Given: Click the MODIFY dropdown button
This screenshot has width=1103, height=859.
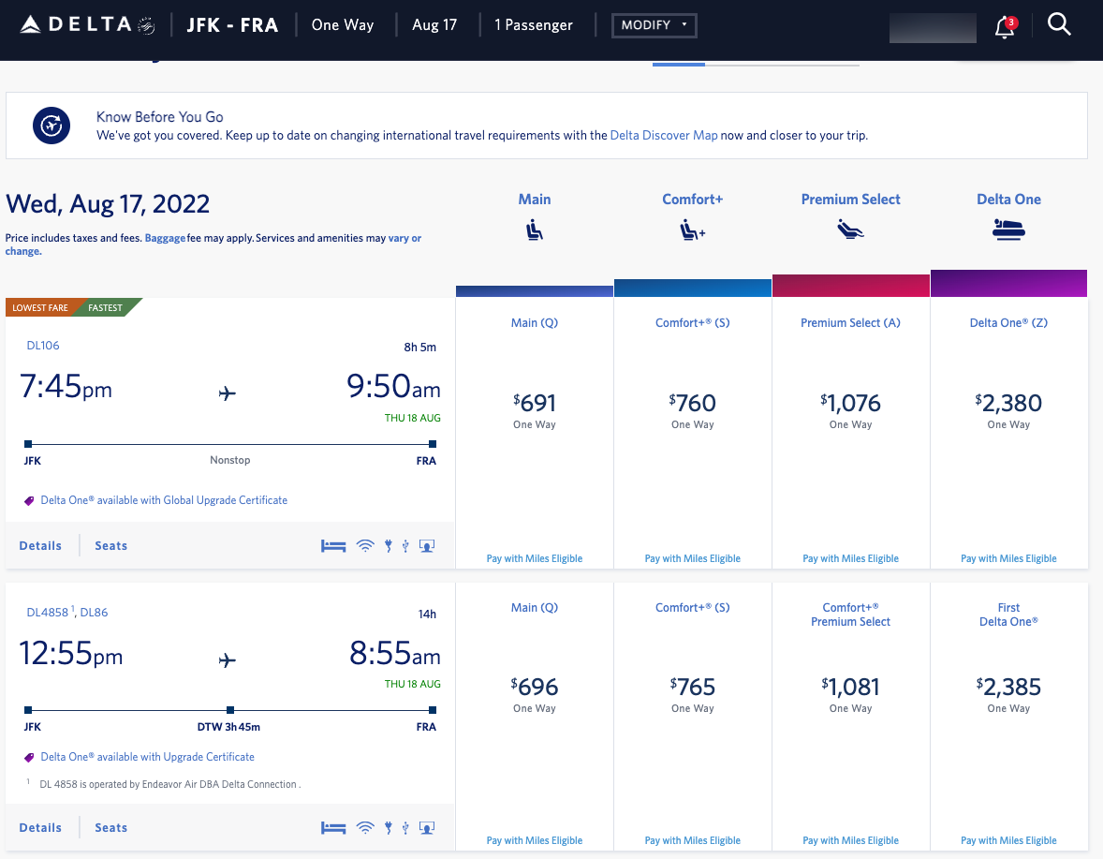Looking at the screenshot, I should (x=654, y=25).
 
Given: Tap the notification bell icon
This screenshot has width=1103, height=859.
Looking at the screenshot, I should (x=1004, y=27).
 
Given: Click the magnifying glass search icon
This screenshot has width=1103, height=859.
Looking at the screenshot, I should (x=1059, y=25).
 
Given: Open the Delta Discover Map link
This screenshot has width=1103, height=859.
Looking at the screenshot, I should (x=663, y=135).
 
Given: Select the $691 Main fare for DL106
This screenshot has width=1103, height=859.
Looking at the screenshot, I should (x=534, y=404).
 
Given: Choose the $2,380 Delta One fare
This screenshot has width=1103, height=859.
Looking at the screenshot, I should (x=1008, y=404).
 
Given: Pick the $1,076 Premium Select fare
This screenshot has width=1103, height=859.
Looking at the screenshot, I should (x=850, y=404).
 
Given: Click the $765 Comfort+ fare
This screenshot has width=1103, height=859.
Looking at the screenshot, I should (x=693, y=688).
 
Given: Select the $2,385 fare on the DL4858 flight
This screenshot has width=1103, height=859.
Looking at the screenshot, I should (x=1008, y=688).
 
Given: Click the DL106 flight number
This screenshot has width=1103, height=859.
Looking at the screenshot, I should (x=43, y=346).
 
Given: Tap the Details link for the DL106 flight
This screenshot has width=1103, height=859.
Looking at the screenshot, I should (x=40, y=545).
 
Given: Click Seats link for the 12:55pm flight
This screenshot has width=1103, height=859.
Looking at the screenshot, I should (x=110, y=827).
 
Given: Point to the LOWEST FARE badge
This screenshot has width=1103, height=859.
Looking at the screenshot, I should (x=39, y=307).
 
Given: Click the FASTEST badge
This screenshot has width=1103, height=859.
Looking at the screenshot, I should (x=106, y=307).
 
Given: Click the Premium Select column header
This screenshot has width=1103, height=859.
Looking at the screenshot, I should (x=850, y=200).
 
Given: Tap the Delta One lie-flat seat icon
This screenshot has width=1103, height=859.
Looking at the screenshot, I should (x=1008, y=230).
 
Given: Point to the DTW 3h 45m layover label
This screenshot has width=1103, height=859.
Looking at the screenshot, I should (x=229, y=727).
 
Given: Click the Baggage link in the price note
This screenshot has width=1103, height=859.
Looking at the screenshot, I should (x=164, y=238).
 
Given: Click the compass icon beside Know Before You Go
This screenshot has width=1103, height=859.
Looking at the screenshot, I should (x=52, y=125).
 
